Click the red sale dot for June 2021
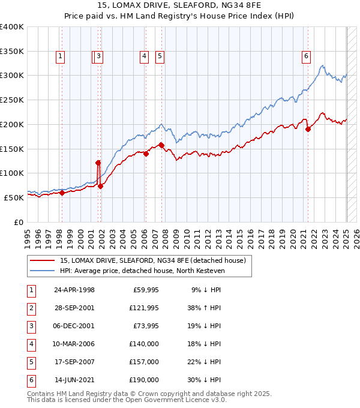[308, 129]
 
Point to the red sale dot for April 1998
[62, 193]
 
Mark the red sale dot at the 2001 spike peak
[98, 162]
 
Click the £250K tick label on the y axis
[12, 100]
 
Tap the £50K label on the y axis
[14, 197]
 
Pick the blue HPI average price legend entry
[142, 271]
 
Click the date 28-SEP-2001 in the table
[74, 308]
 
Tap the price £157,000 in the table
[144, 362]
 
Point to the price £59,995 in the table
[144, 290]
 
